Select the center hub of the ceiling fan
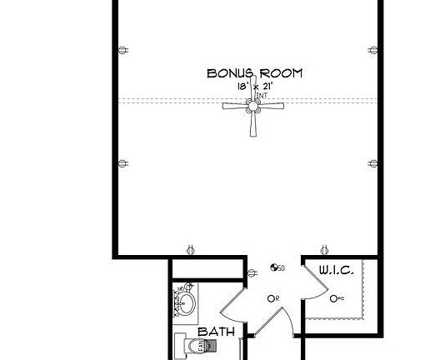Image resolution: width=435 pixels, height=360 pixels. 253,106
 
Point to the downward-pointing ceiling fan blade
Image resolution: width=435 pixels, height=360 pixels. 253,124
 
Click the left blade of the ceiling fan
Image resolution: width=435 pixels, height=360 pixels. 234,106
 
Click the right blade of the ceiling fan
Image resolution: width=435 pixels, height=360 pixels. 272,106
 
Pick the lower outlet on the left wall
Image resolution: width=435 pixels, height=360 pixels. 123,162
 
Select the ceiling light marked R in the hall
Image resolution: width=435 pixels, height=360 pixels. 271,298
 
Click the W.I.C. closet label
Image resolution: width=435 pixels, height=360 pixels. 337,270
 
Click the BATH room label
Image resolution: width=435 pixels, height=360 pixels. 215,332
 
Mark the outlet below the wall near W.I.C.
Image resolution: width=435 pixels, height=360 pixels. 325,247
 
